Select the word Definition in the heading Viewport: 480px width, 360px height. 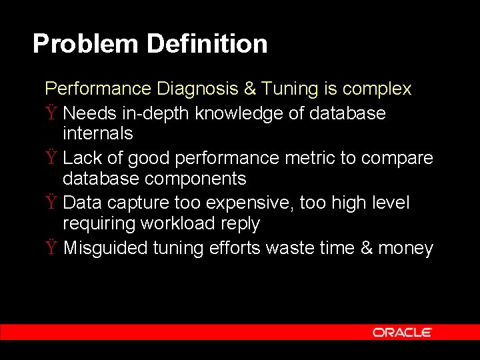coord(207,44)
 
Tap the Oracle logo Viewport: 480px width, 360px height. coord(402,332)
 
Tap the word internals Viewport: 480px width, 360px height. coord(97,133)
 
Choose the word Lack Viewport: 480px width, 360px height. coord(82,158)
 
